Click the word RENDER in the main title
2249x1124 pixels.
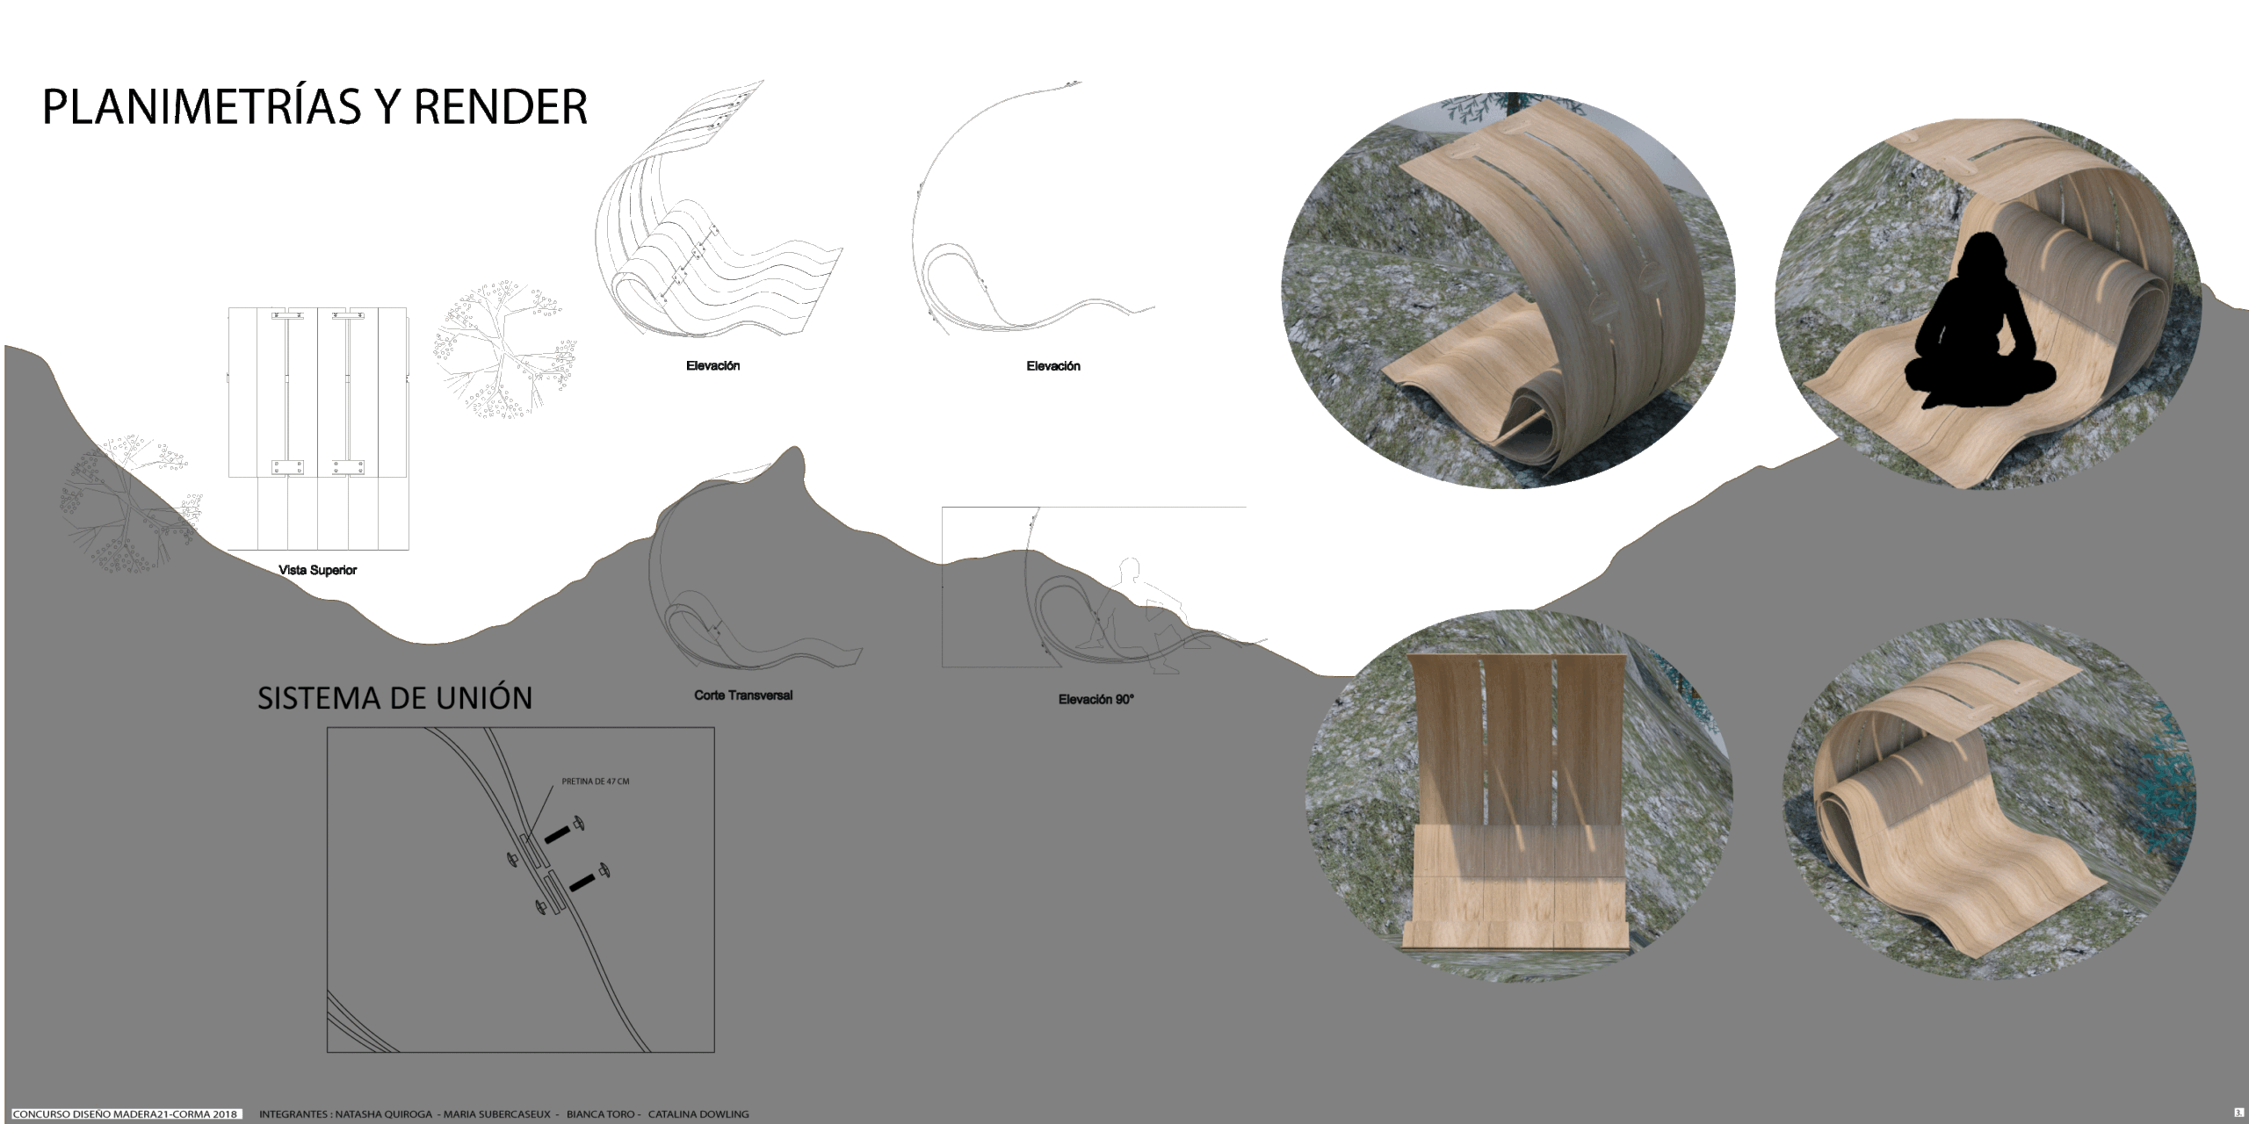pyautogui.click(x=499, y=107)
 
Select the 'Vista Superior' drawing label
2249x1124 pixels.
pyautogui.click(x=318, y=571)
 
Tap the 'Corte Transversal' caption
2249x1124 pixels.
pyautogui.click(x=743, y=695)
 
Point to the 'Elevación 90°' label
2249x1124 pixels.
pyautogui.click(x=1096, y=700)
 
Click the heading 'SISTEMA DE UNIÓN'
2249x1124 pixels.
pyautogui.click(x=395, y=698)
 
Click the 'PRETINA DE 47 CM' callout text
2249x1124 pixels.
pyautogui.click(x=596, y=782)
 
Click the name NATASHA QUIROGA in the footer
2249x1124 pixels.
pyautogui.click(x=382, y=1114)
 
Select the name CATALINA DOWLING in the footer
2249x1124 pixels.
pyautogui.click(x=698, y=1114)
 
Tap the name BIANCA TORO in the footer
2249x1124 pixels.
pyautogui.click(x=600, y=1114)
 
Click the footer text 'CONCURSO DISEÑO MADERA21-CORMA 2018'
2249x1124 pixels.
pyautogui.click(x=125, y=1114)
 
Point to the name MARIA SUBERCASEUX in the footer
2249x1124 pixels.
pyautogui.click(x=496, y=1114)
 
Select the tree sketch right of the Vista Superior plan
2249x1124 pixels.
pyautogui.click(x=503, y=350)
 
